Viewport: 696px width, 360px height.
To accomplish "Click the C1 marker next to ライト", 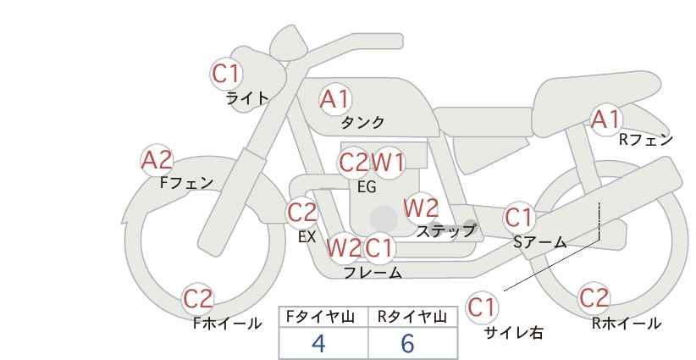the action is coord(226,74).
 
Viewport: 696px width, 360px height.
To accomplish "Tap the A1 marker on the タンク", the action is coord(335,99).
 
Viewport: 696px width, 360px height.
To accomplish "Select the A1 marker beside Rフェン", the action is coord(606,119).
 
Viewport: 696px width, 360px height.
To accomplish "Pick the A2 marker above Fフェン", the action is coord(157,160).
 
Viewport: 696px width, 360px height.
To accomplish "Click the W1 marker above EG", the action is coord(388,163).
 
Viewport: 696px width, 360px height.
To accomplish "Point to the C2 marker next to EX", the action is coord(301,212).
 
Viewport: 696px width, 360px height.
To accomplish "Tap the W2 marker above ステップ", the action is coord(421,208).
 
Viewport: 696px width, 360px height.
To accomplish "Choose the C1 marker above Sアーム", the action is coord(518,218).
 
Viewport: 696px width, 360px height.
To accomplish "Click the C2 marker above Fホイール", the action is coord(198,299).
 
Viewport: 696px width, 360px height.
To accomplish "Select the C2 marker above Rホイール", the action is coord(594,297).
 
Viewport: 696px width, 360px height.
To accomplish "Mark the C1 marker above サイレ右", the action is coord(482,307).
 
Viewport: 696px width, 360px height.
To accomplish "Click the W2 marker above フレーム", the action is coord(344,247).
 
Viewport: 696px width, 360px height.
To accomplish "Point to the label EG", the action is coord(367,187).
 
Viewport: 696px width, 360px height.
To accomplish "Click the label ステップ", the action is coord(445,231).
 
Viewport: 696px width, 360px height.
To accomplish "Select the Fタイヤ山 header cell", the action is coord(323,317).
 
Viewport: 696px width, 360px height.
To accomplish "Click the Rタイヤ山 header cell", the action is coord(413,317).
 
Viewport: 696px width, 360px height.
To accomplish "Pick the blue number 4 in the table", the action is coord(318,343).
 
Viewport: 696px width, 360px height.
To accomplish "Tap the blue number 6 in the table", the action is coord(407,343).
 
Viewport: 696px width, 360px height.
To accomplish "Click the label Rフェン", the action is coord(646,140).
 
